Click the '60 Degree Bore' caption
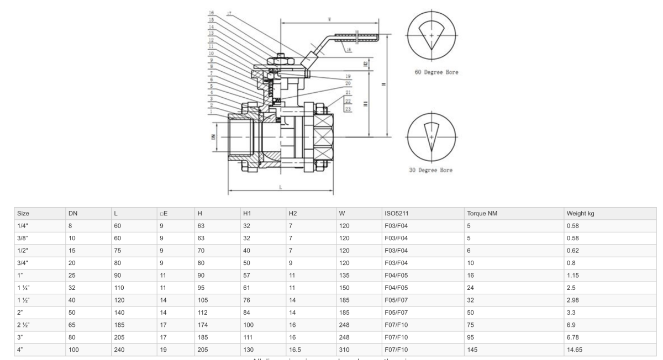436,72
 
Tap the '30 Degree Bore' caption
430,170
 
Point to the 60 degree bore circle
432,34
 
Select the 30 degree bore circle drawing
432,134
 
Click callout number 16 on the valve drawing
212,13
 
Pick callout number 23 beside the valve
348,109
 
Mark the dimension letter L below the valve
281,188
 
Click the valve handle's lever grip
359,38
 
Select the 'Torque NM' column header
482,213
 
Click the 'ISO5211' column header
396,213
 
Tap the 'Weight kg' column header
580,213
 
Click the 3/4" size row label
23,261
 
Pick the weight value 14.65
575,350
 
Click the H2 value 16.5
296,350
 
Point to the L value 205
120,337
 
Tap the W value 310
343,350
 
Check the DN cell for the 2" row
72,312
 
